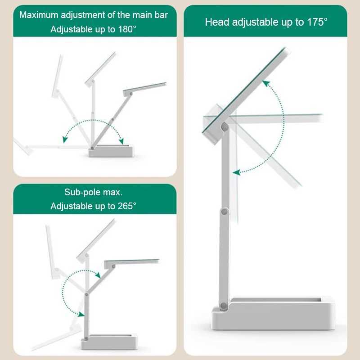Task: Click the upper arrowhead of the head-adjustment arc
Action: point(266,83)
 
